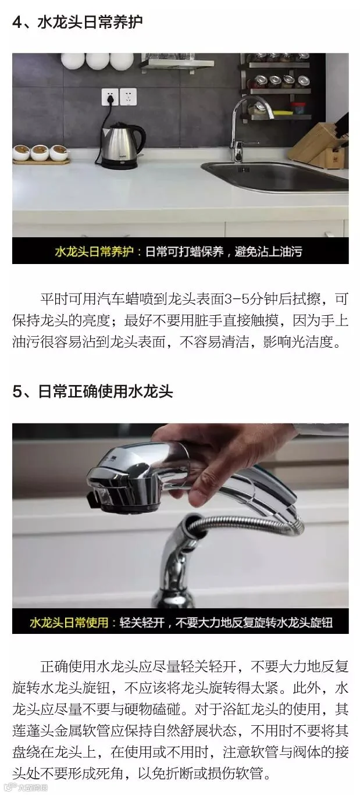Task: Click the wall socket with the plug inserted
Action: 110,97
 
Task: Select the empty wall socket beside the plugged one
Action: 128,97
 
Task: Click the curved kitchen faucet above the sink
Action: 245,128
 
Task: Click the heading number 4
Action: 17,22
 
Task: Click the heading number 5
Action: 17,392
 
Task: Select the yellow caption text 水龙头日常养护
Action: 94,251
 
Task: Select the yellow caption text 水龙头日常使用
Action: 69,622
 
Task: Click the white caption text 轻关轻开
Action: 142,622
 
